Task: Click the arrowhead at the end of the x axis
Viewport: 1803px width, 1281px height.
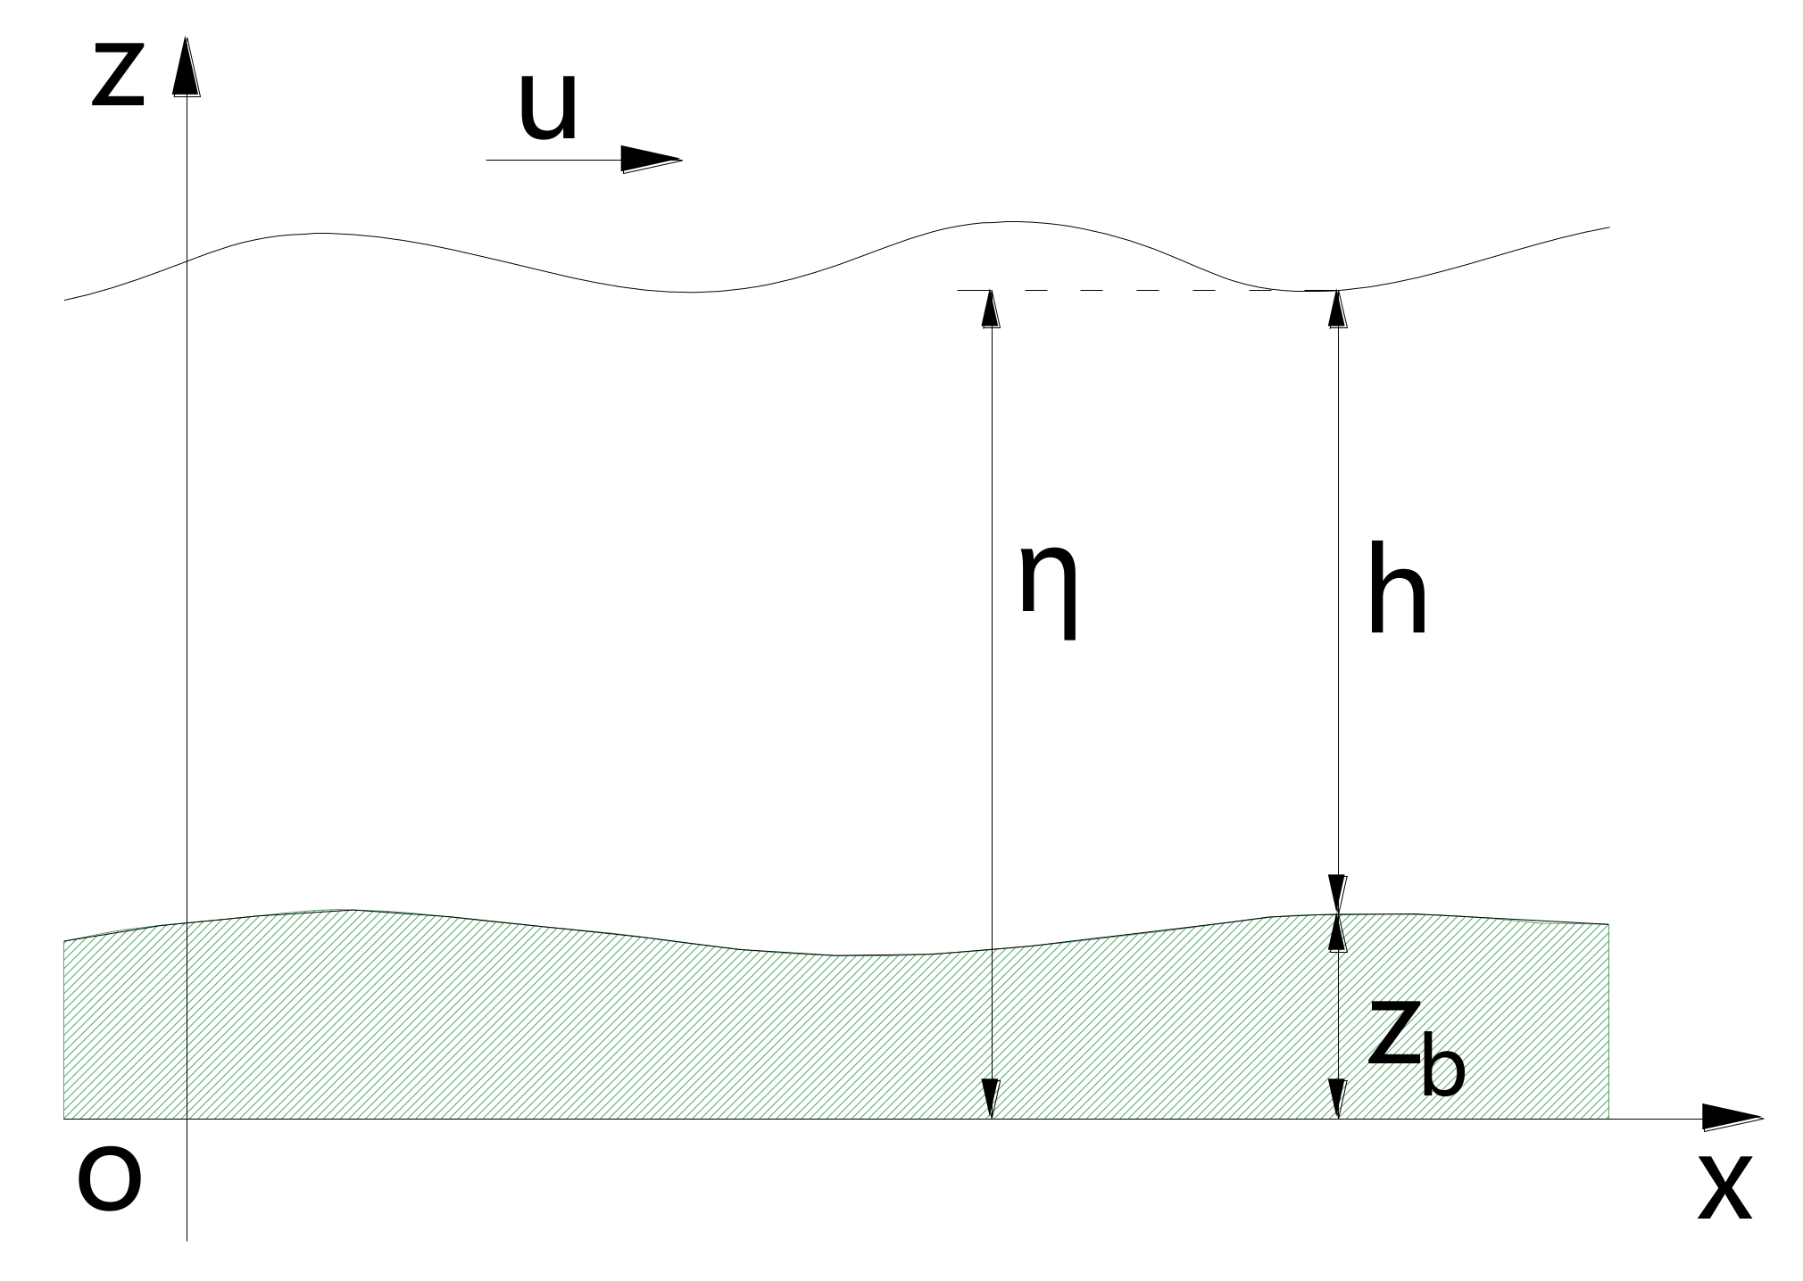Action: coord(1732,1118)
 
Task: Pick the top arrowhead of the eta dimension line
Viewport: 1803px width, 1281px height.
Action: coord(991,309)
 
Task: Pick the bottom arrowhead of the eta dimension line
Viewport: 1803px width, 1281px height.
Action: coord(991,1099)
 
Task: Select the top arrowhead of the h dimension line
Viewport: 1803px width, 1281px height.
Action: coord(1336,309)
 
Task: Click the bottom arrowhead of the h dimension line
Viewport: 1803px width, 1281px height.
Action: coord(1336,894)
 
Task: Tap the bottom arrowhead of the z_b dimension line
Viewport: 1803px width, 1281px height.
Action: coord(1336,1099)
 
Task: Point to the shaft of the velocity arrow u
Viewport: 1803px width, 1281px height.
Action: coord(553,160)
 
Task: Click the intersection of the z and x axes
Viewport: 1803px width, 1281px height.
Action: coord(187,1118)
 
